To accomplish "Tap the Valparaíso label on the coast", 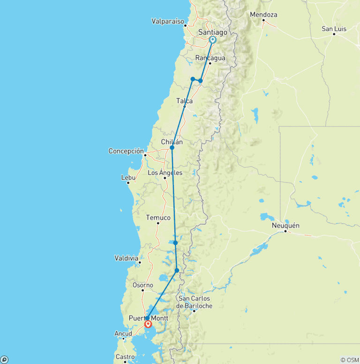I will coord(168,21).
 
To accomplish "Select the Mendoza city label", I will coord(263,15).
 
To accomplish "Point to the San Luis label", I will coord(334,29).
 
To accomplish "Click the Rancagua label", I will coord(210,58).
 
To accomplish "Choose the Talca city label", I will coord(184,101).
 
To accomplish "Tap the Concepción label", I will coord(126,151).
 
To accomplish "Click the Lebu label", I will coord(128,178).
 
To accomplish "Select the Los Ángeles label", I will coord(165,173).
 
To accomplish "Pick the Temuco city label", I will coord(158,218).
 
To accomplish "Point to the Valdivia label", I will coord(126,258).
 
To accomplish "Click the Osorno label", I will coord(142,285).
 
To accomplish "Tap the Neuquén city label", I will coord(285,226).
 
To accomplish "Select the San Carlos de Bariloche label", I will coord(195,302).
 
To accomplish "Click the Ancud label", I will coord(123,334).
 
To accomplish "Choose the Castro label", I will coord(125,357).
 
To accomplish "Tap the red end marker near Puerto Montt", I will coord(148,324).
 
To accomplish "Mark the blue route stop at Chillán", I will coord(172,148).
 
